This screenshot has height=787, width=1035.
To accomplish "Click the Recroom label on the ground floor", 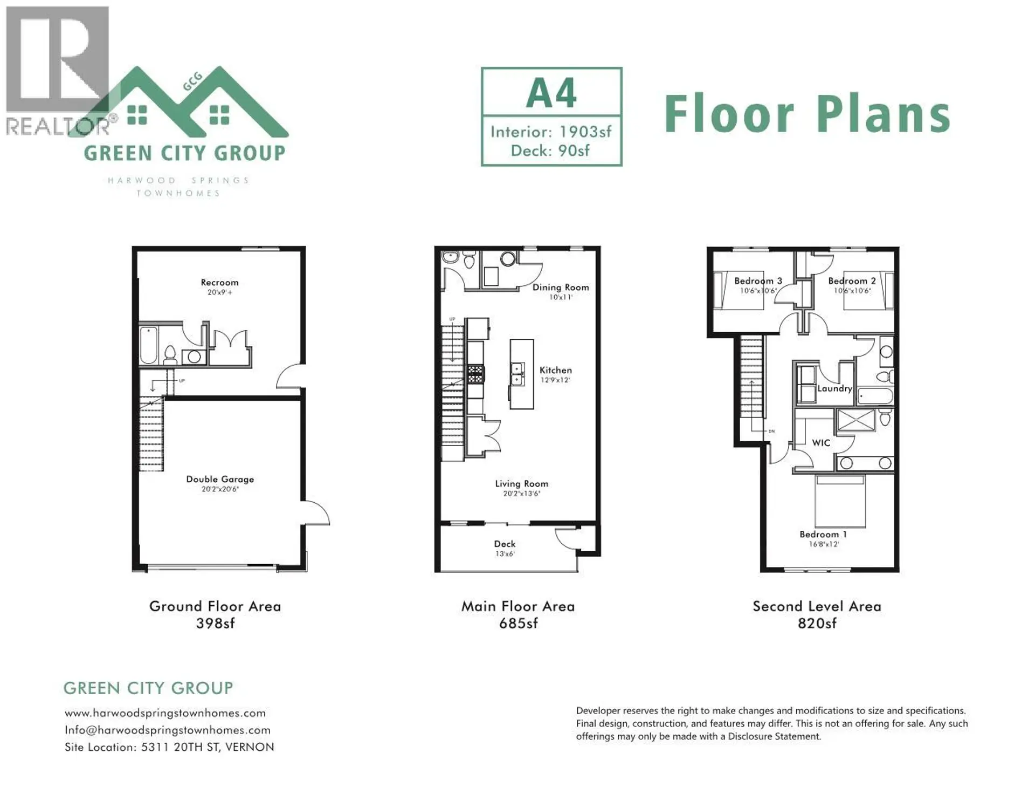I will pos(219,283).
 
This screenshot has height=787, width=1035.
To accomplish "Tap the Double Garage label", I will pos(220,479).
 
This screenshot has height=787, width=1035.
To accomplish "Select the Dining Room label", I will pos(561,288).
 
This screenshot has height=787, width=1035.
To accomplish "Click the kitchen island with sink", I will pos(521,374).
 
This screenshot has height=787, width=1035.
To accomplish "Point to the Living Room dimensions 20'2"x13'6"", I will pos(521,493).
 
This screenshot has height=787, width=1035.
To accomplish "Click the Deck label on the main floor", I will pos(505,544).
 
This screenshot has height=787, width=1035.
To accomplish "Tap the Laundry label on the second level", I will pos(834,388).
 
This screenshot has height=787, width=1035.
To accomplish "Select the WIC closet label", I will pos(821,443).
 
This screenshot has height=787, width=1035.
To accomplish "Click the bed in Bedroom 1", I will pos(840,502).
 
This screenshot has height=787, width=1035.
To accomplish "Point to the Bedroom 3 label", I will pos(758,281).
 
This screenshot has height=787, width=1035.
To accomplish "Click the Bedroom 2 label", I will pos(852,281).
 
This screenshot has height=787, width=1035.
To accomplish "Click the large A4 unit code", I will pos(551,93).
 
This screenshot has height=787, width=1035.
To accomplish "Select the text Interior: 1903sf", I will pos(551,132).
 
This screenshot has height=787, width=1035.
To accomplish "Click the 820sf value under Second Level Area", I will pos(817,624).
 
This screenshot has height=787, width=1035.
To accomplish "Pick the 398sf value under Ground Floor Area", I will pos(215,624).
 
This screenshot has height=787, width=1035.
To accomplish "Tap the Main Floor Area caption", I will pos(518,606).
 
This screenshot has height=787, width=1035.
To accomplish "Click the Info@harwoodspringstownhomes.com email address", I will pos(168,730).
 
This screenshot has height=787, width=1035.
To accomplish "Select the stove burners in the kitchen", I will pos(475,374).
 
